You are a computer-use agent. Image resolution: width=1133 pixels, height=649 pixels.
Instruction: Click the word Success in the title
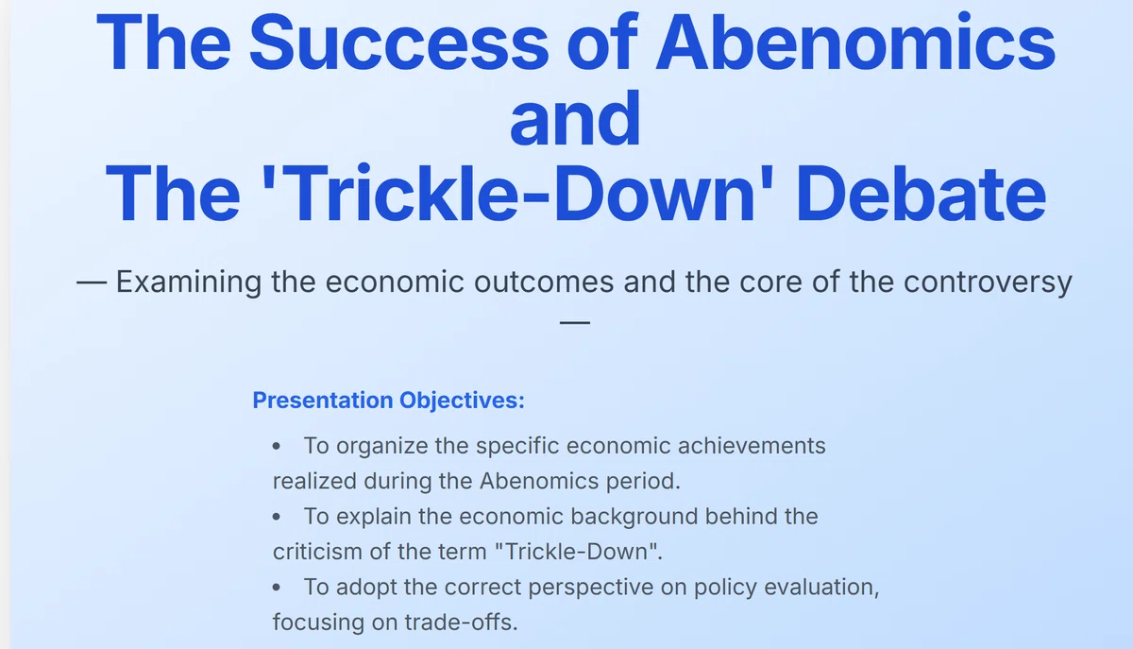click(x=398, y=43)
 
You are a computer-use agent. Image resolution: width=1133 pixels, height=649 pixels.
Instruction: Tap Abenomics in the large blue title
click(x=855, y=41)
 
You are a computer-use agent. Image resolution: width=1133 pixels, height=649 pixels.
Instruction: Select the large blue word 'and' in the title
click(x=575, y=118)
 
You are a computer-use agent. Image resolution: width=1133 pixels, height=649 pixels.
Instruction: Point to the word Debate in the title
click(x=922, y=193)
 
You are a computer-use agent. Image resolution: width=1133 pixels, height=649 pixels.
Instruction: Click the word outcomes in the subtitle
click(x=544, y=282)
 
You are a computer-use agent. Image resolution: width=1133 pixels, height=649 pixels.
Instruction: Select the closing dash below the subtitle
click(x=575, y=322)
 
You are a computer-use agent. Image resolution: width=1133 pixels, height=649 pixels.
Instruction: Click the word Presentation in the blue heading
click(x=323, y=400)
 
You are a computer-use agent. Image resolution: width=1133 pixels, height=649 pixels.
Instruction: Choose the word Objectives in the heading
click(x=462, y=400)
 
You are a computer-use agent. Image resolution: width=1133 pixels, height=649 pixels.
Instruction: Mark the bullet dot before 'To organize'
click(x=276, y=446)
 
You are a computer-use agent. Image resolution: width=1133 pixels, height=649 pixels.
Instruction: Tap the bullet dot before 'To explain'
click(x=276, y=517)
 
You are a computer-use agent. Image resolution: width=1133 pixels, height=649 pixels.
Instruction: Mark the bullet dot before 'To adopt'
click(x=276, y=588)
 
